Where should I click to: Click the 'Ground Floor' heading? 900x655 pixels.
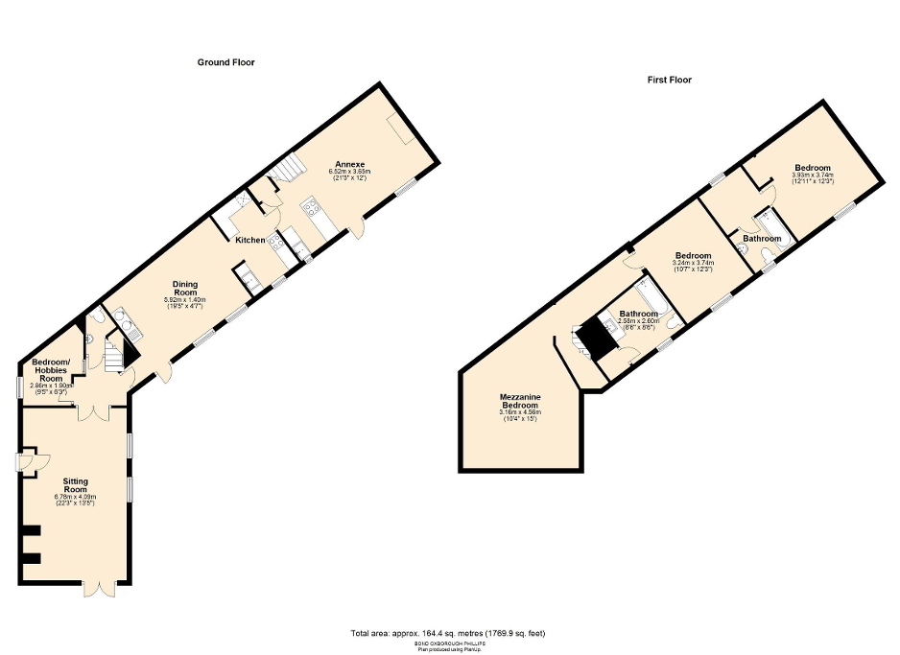[225, 62]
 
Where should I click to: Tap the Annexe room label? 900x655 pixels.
[344, 162]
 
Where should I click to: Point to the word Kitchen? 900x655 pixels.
[250, 240]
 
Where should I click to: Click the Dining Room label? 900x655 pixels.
[185, 288]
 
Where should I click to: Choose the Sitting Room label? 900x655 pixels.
[76, 483]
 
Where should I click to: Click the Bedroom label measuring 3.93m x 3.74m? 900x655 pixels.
[812, 168]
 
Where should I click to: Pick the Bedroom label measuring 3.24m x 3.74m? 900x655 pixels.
[693, 256]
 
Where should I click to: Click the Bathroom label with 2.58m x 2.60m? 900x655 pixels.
[637, 314]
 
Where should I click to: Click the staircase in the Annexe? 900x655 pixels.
[282, 173]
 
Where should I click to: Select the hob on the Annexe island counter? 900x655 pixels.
[311, 204]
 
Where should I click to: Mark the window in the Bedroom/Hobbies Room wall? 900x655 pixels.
[19, 386]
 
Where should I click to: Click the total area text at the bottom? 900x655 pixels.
[449, 633]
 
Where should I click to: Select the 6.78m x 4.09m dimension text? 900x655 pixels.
[76, 497]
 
